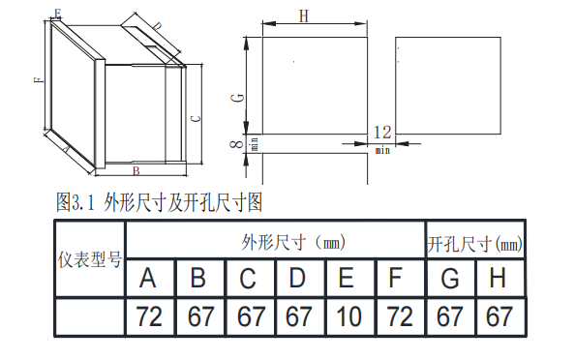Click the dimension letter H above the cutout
(304, 16)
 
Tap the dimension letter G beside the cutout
(237, 98)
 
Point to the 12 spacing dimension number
(382, 133)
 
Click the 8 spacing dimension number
(236, 144)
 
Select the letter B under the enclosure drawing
(136, 171)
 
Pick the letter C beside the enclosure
(197, 119)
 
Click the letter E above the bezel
(57, 14)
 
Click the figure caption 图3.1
(76, 202)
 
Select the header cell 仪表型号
(89, 260)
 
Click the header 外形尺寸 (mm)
(293, 242)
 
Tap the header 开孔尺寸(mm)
(475, 244)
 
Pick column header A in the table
(148, 278)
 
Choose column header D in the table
(297, 278)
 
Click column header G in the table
(449, 279)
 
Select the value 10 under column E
(348, 316)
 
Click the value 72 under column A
(149, 316)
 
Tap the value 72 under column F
(400, 316)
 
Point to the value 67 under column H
(499, 316)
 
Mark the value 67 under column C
(250, 316)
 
